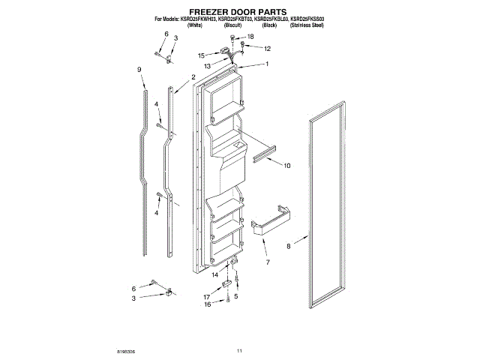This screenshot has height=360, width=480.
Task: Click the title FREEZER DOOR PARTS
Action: click(x=239, y=12)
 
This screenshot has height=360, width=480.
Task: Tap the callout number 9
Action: click(x=139, y=70)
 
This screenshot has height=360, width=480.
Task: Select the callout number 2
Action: click(x=193, y=77)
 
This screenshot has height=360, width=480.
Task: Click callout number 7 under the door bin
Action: click(x=268, y=262)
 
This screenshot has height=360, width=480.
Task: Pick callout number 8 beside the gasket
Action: click(x=288, y=246)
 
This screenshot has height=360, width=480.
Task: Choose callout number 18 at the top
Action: click(x=250, y=36)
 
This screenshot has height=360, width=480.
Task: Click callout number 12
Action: click(x=267, y=49)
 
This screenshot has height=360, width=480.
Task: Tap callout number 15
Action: click(x=202, y=55)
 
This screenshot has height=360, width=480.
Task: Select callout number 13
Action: click(x=207, y=66)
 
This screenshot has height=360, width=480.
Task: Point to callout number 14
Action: click(x=214, y=275)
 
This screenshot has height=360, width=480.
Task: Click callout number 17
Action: click(x=206, y=298)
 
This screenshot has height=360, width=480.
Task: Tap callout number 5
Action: click(x=235, y=297)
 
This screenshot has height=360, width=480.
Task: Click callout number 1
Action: click(x=266, y=64)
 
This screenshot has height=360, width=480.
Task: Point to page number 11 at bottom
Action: click(x=240, y=351)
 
